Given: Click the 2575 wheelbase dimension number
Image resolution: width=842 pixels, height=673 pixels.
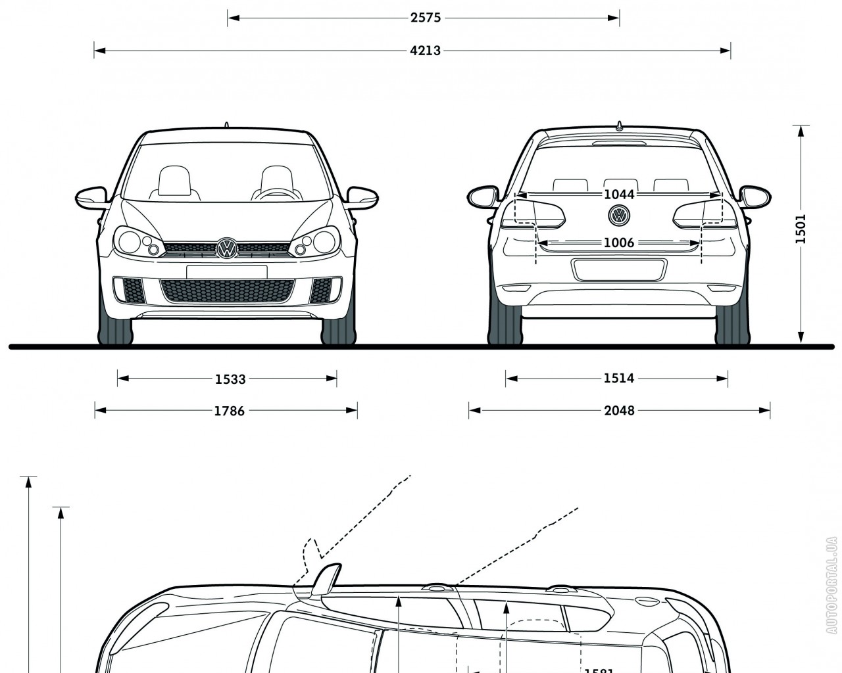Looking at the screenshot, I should [425, 18].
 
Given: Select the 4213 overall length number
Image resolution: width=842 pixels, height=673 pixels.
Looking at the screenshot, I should [425, 50].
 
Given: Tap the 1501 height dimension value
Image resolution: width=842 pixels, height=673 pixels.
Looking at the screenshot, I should [800, 229].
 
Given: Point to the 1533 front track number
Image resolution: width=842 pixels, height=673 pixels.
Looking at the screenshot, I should [230, 379].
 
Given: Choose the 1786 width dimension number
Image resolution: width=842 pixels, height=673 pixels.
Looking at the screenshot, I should [229, 411].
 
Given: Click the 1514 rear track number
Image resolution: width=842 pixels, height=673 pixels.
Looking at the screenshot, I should [618, 378].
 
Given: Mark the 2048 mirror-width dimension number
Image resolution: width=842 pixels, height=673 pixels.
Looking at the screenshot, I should [619, 411].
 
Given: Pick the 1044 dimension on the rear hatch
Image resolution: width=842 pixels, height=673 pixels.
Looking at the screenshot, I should [618, 195].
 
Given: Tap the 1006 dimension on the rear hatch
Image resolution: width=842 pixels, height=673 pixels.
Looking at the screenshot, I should [618, 243].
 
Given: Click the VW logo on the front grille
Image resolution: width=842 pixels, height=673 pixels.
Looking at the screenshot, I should [226, 248].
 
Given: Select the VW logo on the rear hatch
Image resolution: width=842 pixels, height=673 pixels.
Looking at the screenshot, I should [619, 215].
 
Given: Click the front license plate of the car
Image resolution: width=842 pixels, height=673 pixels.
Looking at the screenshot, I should [226, 271].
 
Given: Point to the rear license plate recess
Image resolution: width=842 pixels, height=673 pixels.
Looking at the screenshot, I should [619, 269].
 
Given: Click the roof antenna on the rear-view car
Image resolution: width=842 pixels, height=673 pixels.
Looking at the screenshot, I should [618, 126].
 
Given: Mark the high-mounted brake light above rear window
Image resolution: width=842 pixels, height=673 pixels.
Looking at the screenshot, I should [618, 143].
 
